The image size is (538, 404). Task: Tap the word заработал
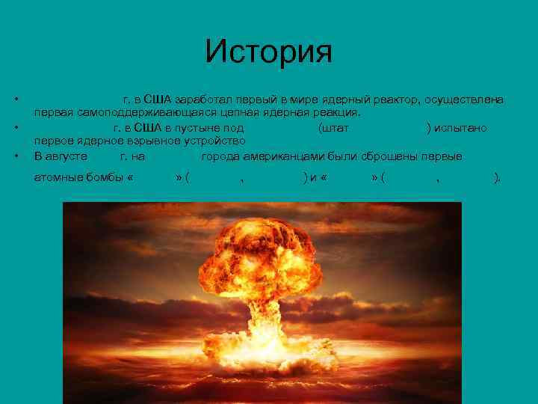pyautogui.click(x=203, y=100)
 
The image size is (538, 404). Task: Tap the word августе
pyautogui.click(x=67, y=156)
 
